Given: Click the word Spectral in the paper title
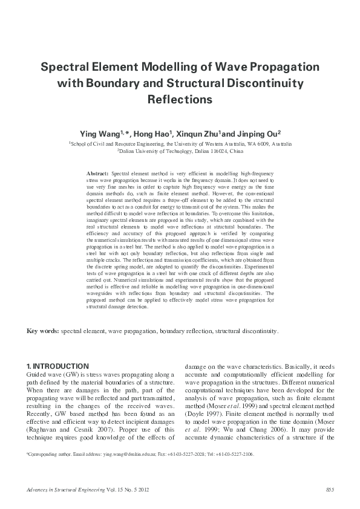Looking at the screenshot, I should click(66, 65).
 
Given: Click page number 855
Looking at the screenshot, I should click(330, 488).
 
